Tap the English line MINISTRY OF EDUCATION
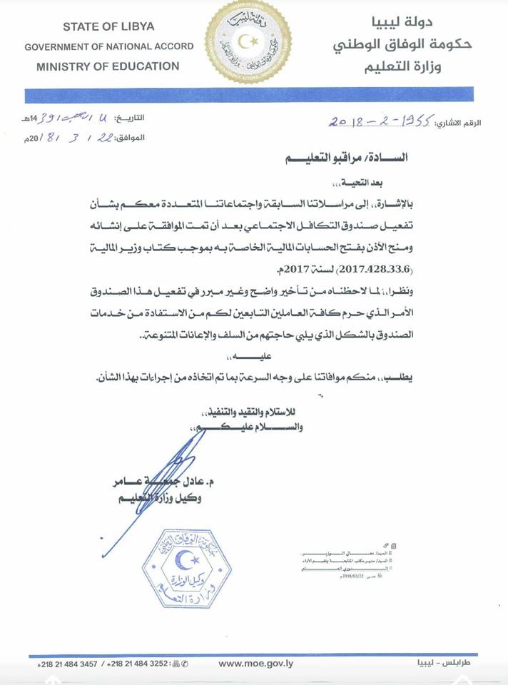pos(108,66)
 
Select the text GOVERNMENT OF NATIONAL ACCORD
pos(108,46)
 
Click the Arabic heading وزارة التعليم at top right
pos(417,68)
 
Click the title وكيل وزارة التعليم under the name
pos(160,499)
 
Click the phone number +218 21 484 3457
pos(68,664)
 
